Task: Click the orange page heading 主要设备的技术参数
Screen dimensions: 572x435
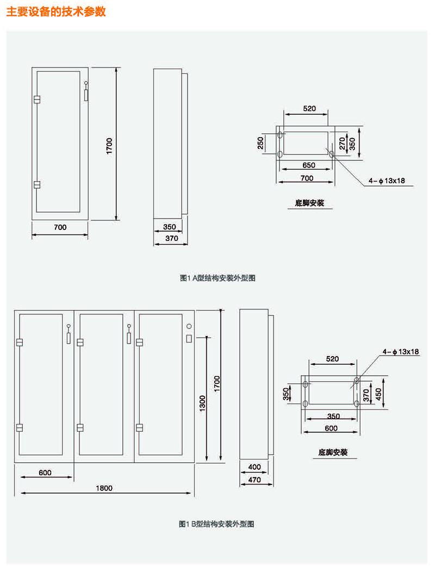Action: pyautogui.click(x=56, y=11)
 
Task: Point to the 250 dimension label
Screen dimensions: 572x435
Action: pyautogui.click(x=261, y=144)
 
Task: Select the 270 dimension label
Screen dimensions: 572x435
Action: pyautogui.click(x=342, y=144)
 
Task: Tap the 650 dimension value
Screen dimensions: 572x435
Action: pyautogui.click(x=308, y=165)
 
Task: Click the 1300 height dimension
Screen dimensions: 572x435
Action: pyautogui.click(x=202, y=403)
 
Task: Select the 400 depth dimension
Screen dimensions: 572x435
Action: pyautogui.click(x=254, y=467)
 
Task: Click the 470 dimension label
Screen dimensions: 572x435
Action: pyautogui.click(x=254, y=480)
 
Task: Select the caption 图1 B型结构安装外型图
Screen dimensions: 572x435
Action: pyautogui.click(x=217, y=524)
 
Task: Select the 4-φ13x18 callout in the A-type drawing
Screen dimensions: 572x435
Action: pyautogui.click(x=387, y=181)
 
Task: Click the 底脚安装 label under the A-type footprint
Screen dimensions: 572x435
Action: pyautogui.click(x=309, y=203)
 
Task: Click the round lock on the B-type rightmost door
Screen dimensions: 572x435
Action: pyautogui.click(x=189, y=327)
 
